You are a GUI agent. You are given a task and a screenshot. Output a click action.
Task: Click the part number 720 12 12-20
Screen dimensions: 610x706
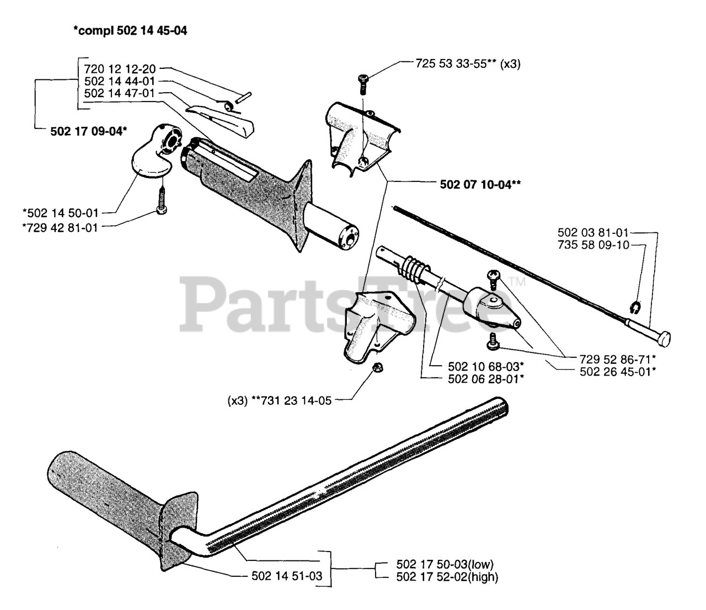coord(120,69)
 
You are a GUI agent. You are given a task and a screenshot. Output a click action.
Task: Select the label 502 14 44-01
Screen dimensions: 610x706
coord(120,81)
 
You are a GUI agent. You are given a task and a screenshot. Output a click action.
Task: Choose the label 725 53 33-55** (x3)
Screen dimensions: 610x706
coord(468,63)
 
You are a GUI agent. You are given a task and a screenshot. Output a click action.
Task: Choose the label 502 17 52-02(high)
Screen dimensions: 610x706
coord(447,577)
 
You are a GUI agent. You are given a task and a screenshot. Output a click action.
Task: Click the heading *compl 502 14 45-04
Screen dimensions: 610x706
coord(130,31)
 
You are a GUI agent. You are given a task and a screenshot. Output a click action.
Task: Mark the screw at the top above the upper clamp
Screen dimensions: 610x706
coord(363,81)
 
